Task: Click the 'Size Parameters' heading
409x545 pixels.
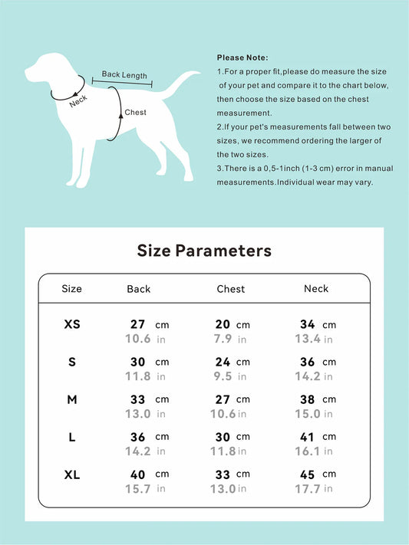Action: coord(204,251)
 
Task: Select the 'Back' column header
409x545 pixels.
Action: coord(139,289)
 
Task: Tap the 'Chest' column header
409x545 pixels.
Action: coord(231,289)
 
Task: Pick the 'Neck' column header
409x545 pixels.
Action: coord(316,289)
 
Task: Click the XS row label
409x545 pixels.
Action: coord(72,324)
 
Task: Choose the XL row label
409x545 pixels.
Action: coord(72,474)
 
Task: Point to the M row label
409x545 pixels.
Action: coord(72,399)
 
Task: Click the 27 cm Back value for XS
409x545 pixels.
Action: coord(149,324)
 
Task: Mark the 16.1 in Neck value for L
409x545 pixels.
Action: coord(315,451)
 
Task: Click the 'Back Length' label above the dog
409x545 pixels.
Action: coord(124,75)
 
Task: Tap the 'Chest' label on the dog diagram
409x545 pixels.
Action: coord(135,113)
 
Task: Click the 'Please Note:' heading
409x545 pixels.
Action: coord(242,57)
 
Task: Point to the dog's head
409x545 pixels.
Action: coord(48,67)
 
